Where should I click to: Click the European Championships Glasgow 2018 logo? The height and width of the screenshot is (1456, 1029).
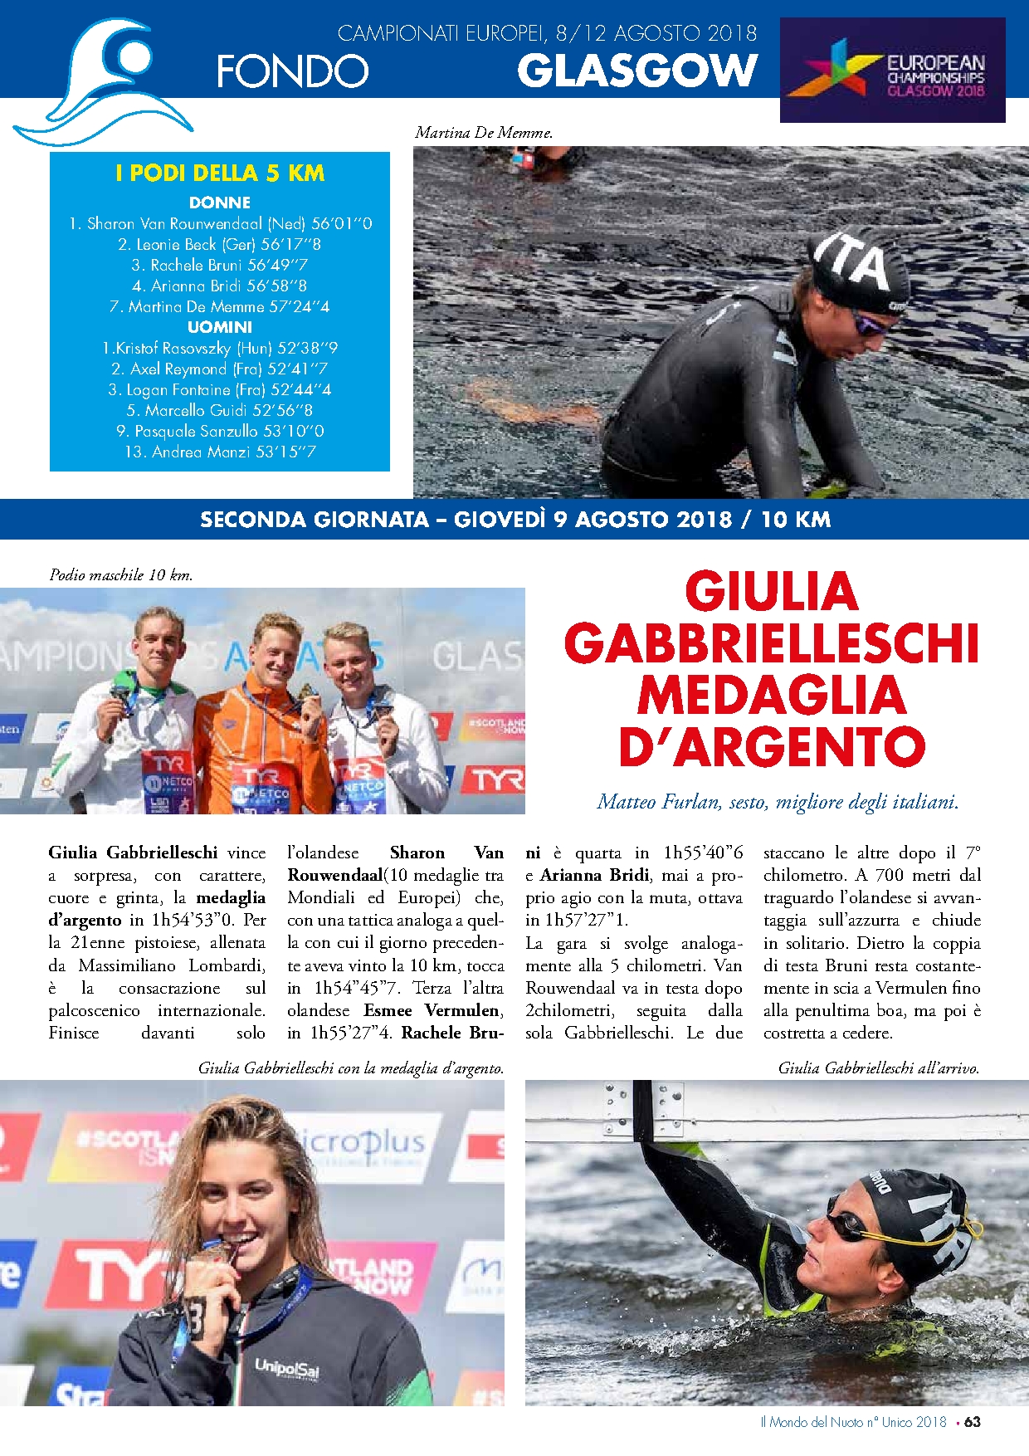point(892,70)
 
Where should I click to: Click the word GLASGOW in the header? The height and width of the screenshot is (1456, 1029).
point(637,71)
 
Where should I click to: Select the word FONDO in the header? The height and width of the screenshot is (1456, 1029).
point(292,71)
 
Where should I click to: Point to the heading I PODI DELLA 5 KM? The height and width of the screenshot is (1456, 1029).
point(220,173)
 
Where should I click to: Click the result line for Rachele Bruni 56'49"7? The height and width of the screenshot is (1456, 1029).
point(220,265)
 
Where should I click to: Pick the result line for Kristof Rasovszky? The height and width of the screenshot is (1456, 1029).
point(220,348)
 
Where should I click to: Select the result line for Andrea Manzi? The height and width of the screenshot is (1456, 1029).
point(220,452)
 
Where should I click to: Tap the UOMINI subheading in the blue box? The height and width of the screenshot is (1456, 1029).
point(220,327)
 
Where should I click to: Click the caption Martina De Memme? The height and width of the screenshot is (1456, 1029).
point(484,132)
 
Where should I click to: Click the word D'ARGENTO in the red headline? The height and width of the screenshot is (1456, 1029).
point(772,747)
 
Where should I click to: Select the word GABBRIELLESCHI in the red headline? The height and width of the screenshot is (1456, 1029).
point(772,643)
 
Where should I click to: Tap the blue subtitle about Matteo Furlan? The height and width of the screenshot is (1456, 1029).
point(778,802)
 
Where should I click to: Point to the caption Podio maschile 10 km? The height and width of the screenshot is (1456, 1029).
point(121,574)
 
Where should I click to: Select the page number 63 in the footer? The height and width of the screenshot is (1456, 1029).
point(973,1422)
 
